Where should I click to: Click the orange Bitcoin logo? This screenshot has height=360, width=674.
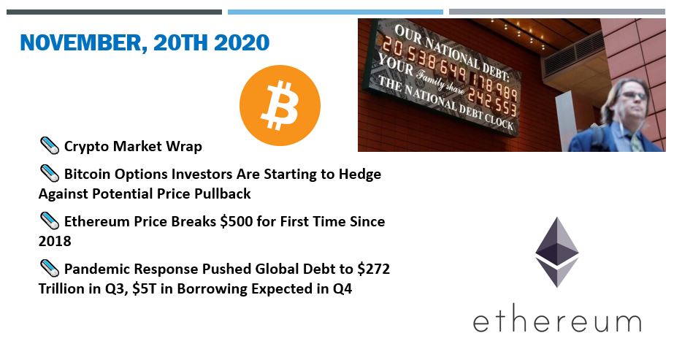click(x=280, y=105)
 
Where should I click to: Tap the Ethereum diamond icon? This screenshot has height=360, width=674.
click(x=556, y=252)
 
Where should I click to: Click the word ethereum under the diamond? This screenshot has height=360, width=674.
click(x=557, y=322)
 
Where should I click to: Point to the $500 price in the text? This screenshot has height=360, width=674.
click(x=236, y=221)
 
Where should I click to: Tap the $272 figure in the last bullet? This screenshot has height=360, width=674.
click(x=374, y=269)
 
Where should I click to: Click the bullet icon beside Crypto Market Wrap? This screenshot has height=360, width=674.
click(x=50, y=145)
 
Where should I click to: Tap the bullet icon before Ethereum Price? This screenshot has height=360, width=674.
click(x=50, y=221)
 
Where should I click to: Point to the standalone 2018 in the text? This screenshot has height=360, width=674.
click(x=55, y=242)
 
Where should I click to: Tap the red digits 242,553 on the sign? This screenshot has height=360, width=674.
click(x=492, y=102)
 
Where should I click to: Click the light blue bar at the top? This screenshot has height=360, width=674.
click(x=335, y=12)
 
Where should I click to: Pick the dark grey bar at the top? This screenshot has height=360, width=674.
click(x=115, y=12)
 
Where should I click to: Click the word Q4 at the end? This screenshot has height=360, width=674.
click(x=342, y=288)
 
